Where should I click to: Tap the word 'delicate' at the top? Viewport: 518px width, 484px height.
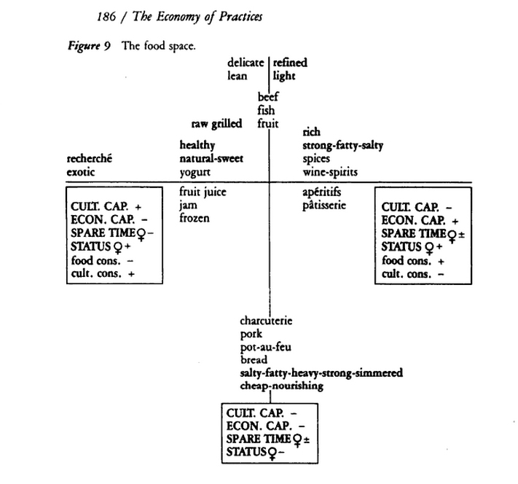[246, 63]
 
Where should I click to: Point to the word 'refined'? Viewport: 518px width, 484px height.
[290, 63]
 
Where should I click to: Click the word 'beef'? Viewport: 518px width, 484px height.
[267, 97]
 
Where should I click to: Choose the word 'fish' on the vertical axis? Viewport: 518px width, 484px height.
[265, 110]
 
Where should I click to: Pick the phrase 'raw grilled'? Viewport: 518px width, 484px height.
[216, 124]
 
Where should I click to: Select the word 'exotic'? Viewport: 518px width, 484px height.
[81, 172]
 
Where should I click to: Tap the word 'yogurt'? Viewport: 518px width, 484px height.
[196, 172]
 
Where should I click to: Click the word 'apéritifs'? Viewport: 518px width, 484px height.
[321, 192]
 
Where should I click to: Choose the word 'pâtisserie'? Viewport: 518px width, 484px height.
[324, 205]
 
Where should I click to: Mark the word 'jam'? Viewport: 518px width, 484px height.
[189, 205]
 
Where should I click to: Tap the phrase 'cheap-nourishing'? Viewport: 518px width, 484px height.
[281, 386]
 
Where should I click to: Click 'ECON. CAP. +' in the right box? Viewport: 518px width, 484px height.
[419, 221]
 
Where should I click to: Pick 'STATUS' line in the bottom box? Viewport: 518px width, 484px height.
[256, 452]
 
